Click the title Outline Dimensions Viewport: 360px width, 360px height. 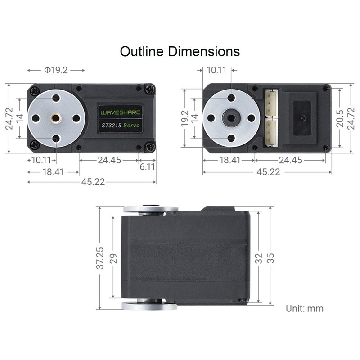180,51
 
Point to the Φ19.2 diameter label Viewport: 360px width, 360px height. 56,70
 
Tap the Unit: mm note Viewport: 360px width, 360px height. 305,309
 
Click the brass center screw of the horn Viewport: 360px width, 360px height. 56,118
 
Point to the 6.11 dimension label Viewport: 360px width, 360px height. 147,166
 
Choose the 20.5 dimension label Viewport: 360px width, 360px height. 340,117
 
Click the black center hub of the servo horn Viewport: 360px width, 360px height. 231,118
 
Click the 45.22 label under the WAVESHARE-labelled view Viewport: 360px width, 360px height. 92,182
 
